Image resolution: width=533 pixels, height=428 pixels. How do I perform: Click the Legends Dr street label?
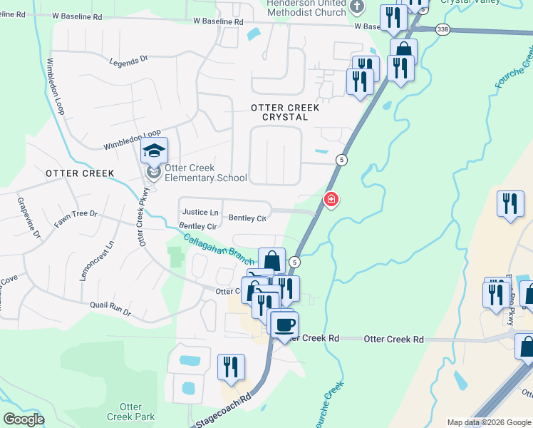click(128, 62)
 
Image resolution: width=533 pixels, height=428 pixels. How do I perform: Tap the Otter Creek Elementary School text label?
click(206, 173)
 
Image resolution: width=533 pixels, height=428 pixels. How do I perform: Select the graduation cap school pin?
click(153, 151)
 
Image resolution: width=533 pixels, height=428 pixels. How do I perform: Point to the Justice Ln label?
click(200, 212)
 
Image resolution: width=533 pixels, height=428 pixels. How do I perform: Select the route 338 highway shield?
click(444, 29)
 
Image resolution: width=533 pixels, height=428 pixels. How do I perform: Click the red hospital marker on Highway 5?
click(331, 200)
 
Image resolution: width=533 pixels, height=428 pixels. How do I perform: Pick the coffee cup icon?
click(284, 324)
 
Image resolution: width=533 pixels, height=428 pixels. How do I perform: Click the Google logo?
click(23, 419)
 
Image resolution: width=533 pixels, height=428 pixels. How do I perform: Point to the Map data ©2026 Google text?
click(489, 422)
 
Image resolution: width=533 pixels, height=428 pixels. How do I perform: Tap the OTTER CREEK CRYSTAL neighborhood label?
click(279, 111)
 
